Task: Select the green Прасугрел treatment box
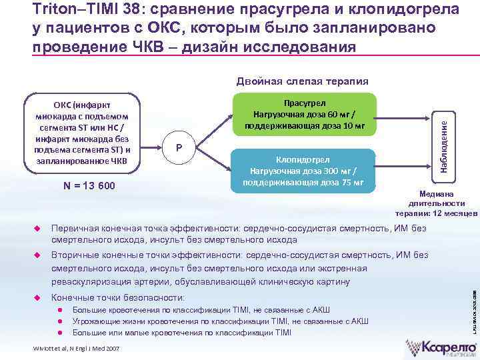click(x=304, y=113)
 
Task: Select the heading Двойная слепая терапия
click(x=302, y=81)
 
